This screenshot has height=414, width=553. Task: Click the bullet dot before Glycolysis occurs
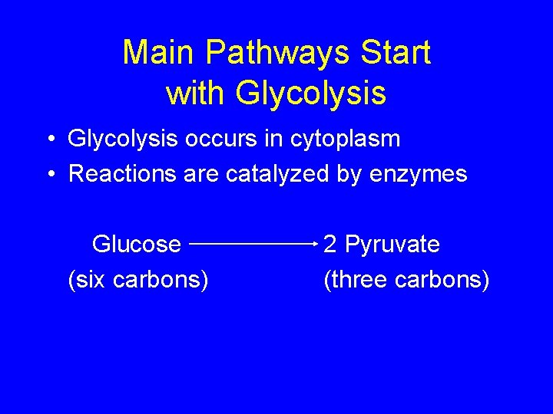point(49,140)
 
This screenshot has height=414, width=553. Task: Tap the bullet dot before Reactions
point(49,175)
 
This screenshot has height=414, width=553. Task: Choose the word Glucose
point(137,245)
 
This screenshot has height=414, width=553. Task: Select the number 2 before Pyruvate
point(330,245)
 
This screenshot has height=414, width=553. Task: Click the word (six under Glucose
point(88,281)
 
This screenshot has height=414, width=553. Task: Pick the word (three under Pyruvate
point(356,281)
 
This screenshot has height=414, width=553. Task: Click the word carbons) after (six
point(161,281)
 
